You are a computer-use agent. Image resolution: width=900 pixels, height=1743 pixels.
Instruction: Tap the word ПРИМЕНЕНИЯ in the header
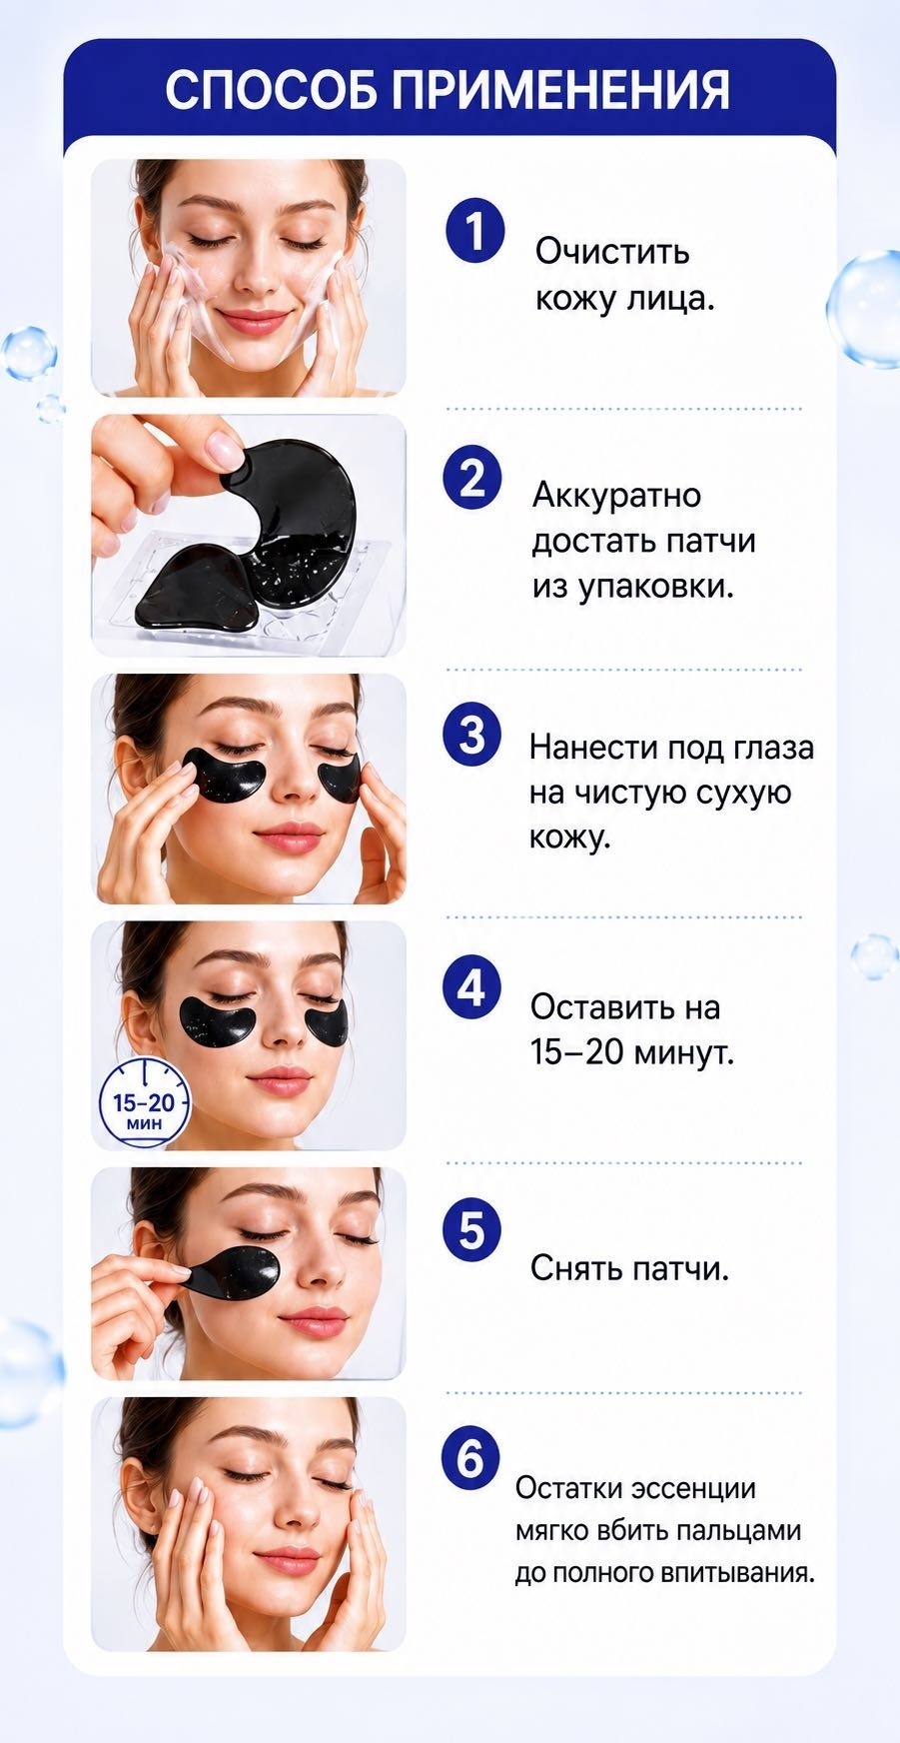pos(562,90)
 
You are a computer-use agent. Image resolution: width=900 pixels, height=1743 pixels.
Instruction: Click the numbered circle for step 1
pos(474,231)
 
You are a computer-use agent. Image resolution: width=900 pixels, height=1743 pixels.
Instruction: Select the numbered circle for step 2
pos(472,479)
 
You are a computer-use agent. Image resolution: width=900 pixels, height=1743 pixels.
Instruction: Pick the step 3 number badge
pos(472,735)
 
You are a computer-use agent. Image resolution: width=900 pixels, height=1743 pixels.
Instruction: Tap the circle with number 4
pos(472,988)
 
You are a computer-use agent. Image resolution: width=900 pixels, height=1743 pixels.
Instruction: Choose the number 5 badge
pos(472,1230)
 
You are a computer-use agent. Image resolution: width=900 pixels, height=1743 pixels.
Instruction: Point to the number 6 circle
pos(470,1460)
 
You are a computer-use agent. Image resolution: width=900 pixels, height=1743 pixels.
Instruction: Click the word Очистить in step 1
pos(612,251)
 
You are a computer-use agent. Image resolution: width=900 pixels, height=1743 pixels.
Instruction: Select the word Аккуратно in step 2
pos(616,495)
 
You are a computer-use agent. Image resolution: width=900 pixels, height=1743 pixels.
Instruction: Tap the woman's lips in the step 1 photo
pos(252,321)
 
